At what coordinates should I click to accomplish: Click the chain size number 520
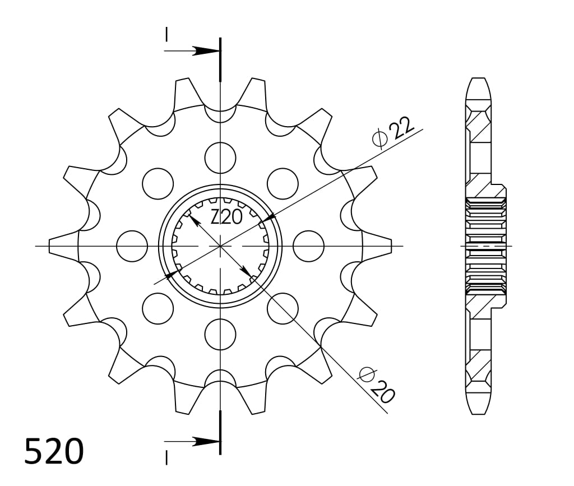tap(54, 451)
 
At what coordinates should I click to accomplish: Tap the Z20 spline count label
tap(226, 217)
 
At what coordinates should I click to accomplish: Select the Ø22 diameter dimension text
tap(393, 132)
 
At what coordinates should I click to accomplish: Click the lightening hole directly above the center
tap(220, 158)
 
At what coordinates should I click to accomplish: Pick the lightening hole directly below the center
tap(220, 334)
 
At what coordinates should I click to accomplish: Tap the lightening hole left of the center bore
tap(132, 246)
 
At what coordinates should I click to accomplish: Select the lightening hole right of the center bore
tap(309, 246)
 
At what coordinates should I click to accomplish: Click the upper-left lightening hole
tap(158, 184)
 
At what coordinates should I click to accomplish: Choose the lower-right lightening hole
tap(283, 308)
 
